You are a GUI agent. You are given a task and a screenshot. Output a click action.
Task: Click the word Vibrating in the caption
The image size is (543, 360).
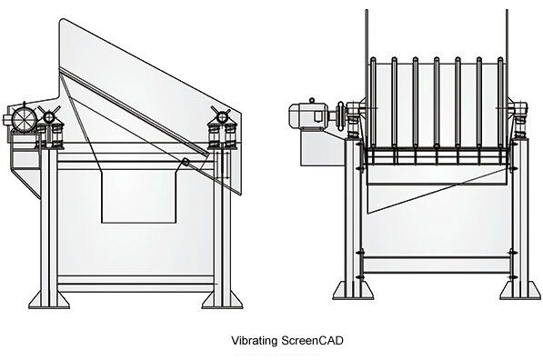(254, 341)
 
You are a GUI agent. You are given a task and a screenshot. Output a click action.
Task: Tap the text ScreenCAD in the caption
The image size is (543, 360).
(312, 340)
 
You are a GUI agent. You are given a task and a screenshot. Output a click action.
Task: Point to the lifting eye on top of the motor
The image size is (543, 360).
(312, 101)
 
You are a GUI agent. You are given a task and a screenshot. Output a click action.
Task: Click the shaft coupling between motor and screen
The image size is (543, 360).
(340, 115)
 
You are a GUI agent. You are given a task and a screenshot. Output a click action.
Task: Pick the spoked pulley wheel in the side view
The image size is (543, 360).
(25, 119)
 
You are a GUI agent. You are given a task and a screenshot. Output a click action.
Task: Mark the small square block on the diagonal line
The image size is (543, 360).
(186, 162)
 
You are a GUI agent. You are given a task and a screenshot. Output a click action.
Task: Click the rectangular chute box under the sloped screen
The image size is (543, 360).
(138, 195)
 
